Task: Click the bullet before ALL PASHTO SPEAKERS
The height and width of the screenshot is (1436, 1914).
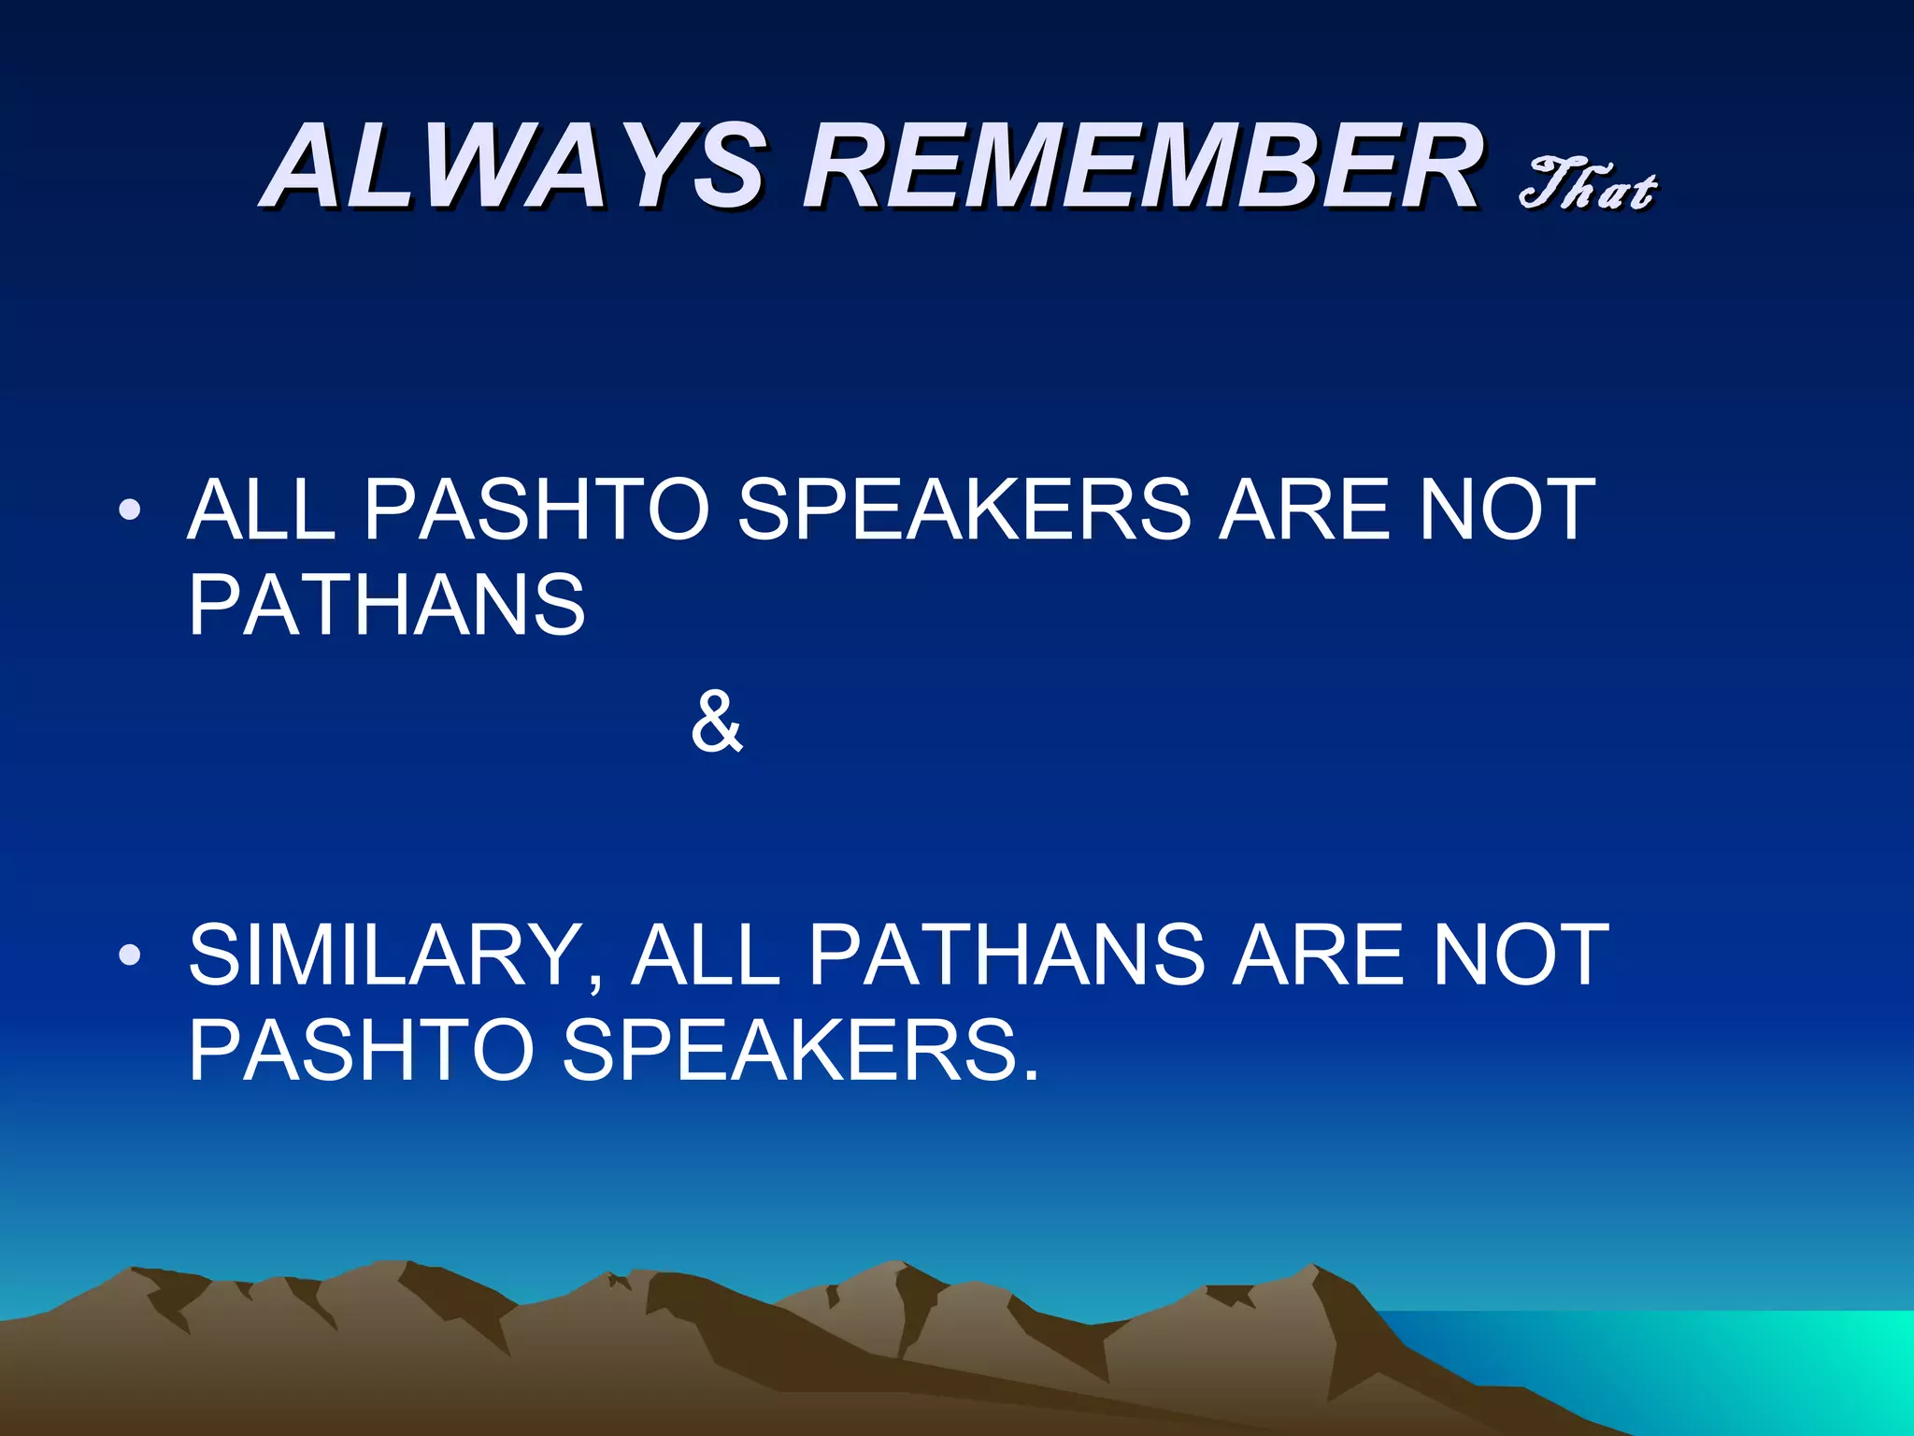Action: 130,510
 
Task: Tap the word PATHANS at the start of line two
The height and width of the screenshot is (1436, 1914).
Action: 387,605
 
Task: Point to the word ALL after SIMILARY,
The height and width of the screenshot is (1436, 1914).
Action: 706,955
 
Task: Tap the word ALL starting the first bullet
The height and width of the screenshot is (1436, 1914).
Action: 261,510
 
